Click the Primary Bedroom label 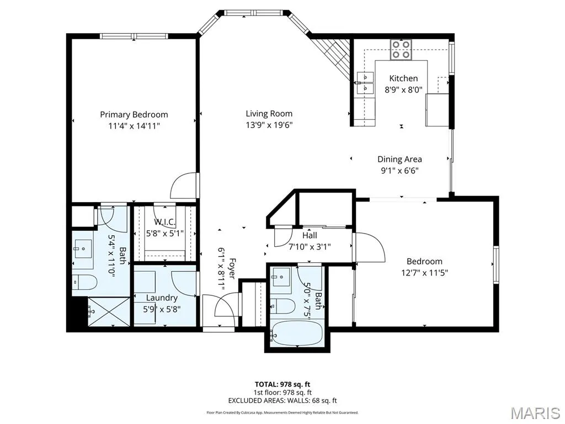(134, 115)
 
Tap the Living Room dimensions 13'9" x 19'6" (269, 125)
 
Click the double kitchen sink (365, 83)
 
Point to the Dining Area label (399, 159)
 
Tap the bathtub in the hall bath (297, 333)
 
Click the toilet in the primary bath (84, 282)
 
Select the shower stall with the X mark (109, 312)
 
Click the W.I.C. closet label (164, 222)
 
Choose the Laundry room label (162, 298)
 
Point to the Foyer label (232, 268)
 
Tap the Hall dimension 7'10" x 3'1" (310, 247)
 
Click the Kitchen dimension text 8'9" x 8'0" (403, 90)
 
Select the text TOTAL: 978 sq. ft (282, 384)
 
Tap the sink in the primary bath (83, 250)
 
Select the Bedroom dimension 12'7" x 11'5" (424, 273)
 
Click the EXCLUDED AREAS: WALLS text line (282, 400)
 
